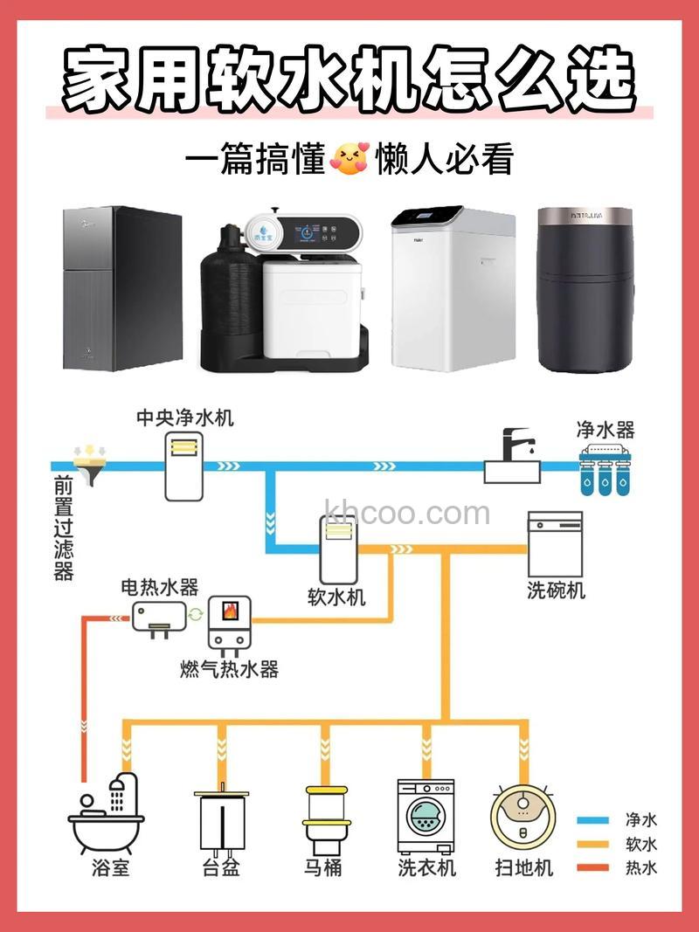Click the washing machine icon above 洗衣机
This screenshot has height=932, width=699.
[x=426, y=816]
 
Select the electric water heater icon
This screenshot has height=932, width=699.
[x=159, y=618]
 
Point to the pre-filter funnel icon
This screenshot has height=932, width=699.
[x=88, y=464]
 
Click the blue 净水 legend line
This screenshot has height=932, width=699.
[x=593, y=821]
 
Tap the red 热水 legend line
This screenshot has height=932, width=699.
[x=593, y=868]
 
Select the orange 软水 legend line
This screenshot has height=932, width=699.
[x=593, y=845]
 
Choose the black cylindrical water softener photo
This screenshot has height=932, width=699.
[x=584, y=289]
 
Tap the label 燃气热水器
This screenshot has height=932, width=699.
[x=229, y=670]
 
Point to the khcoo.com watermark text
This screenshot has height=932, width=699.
[x=406, y=513]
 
